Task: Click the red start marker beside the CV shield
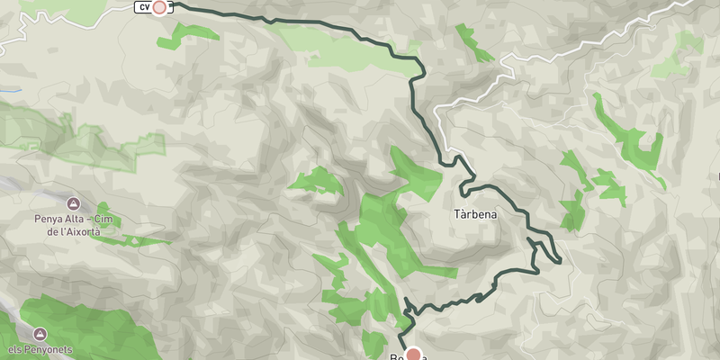pyautogui.click(x=160, y=8)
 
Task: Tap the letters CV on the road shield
pyautogui.click(x=143, y=8)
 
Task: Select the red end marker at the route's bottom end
pyautogui.click(x=414, y=354)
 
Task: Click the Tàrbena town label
pyautogui.click(x=475, y=216)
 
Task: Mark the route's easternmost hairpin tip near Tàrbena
pyautogui.click(x=560, y=261)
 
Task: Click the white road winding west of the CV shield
pyautogui.click(x=54, y=22)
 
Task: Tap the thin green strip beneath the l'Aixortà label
pyautogui.click(x=144, y=240)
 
